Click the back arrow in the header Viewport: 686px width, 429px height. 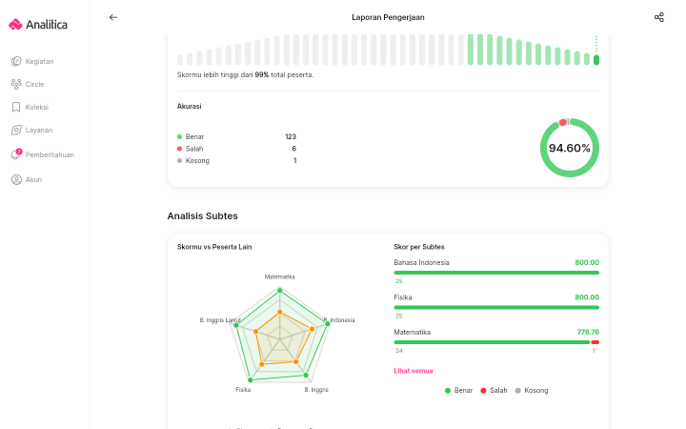tap(112, 17)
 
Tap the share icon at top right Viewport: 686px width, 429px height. tap(659, 17)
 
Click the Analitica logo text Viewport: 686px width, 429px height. tap(47, 25)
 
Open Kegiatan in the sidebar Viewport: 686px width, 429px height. tap(39, 61)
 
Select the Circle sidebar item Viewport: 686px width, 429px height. tap(34, 84)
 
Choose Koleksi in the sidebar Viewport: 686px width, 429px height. tap(37, 107)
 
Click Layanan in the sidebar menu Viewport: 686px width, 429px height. tap(39, 130)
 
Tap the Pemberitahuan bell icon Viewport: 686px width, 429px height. tap(16, 154)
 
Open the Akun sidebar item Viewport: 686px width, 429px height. tap(33, 179)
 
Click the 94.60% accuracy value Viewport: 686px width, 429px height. tap(569, 148)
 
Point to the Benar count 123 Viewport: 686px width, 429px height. tap(291, 136)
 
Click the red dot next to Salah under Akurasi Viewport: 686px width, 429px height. tap(179, 149)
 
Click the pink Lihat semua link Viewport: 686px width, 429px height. tap(413, 371)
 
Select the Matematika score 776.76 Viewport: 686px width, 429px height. tap(588, 332)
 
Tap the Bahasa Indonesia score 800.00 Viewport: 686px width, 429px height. tap(587, 262)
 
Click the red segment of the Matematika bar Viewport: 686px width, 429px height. tap(595, 342)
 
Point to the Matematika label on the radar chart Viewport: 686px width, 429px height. tap(279, 276)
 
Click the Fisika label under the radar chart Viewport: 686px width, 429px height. tap(243, 390)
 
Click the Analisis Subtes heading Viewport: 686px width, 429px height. tap(203, 215)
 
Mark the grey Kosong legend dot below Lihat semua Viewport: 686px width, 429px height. tap(518, 391)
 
